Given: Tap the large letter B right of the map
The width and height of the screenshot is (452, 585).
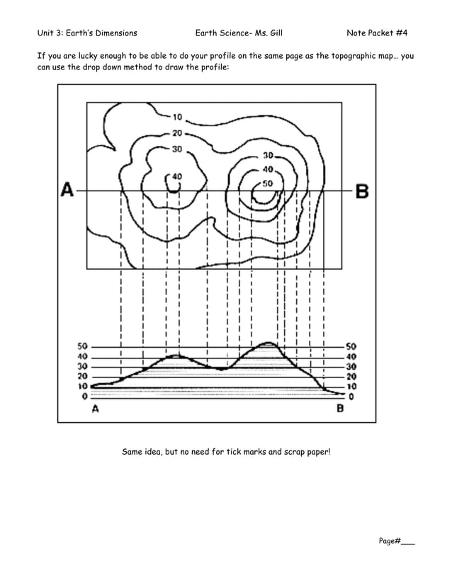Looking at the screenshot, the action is (x=361, y=191).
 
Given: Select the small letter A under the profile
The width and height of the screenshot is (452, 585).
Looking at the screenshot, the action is (x=96, y=409).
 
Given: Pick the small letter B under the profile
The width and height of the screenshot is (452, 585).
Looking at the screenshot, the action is (x=340, y=409).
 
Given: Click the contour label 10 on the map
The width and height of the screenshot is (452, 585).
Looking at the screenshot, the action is (x=177, y=117).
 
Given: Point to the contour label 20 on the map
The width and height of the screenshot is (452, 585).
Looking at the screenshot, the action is (x=177, y=132).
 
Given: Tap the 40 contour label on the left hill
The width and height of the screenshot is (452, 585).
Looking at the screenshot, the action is (x=176, y=176).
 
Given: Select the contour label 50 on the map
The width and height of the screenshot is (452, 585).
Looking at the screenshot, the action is (x=267, y=183).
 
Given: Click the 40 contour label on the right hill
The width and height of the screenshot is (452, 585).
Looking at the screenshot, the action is (x=268, y=169).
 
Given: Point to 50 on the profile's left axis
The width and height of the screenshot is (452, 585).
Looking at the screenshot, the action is (x=83, y=346).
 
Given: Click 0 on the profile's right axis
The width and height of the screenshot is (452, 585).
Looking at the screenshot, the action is (x=351, y=397).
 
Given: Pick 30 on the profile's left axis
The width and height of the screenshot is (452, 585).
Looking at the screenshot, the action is (x=83, y=366).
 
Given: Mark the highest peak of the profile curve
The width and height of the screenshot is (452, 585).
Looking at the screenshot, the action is (x=267, y=343).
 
